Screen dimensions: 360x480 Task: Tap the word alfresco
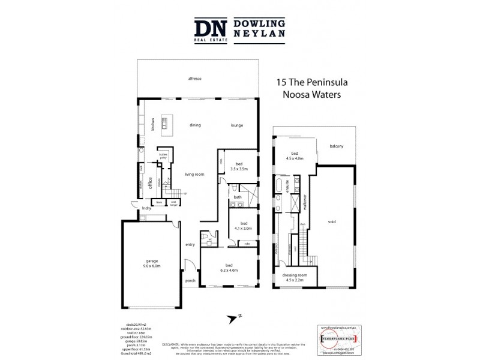pyautogui.click(x=194, y=79)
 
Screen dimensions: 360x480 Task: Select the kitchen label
pyautogui.click(x=153, y=125)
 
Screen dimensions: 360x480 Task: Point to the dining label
pyautogui.click(x=195, y=125)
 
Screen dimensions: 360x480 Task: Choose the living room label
pyautogui.click(x=194, y=174)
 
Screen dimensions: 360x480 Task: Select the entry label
pyautogui.click(x=190, y=244)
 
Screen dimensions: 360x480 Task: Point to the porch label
pyautogui.click(x=191, y=281)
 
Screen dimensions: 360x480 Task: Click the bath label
pyautogui.click(x=238, y=197)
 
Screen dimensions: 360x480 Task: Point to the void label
pyautogui.click(x=332, y=221)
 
